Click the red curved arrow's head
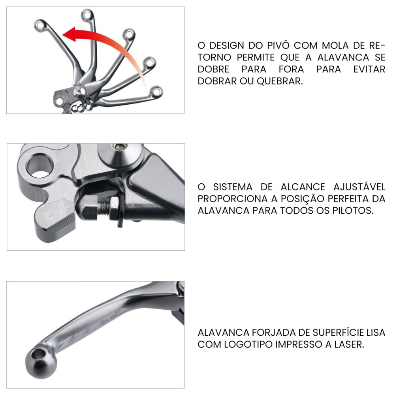[68, 34]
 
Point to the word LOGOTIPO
[246, 344]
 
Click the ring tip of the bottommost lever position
[156, 92]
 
